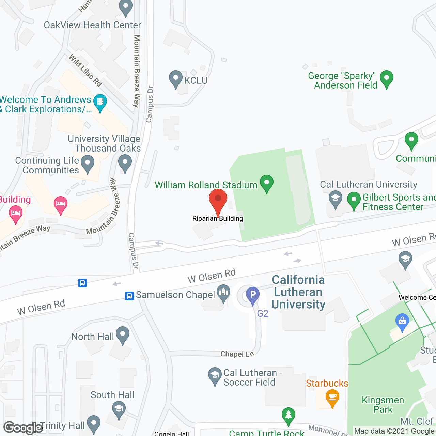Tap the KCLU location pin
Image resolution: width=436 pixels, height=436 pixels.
(x=176, y=79)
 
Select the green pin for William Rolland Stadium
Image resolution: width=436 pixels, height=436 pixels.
(x=267, y=183)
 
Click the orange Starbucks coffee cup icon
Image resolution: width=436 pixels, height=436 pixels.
(x=332, y=398)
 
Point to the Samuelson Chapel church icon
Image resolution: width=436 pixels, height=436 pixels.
(x=223, y=294)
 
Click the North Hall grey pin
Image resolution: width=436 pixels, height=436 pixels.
(x=123, y=335)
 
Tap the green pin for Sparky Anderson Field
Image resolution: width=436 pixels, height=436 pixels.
(x=387, y=79)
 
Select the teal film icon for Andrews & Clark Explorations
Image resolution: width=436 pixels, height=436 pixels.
(x=100, y=103)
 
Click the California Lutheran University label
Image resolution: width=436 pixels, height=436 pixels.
(x=298, y=292)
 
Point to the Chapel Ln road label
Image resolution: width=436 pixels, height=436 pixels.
(x=237, y=354)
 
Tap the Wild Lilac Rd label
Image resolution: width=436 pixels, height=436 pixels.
(x=85, y=70)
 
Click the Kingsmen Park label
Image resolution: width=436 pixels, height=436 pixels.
(x=383, y=405)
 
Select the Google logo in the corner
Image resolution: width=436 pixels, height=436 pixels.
(x=23, y=428)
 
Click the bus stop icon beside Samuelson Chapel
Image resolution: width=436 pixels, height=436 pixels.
(x=129, y=295)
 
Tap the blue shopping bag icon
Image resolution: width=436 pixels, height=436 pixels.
(x=402, y=322)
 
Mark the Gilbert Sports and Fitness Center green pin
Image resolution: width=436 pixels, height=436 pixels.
(x=354, y=200)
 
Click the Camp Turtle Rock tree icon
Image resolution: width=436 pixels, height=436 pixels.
(x=289, y=416)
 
